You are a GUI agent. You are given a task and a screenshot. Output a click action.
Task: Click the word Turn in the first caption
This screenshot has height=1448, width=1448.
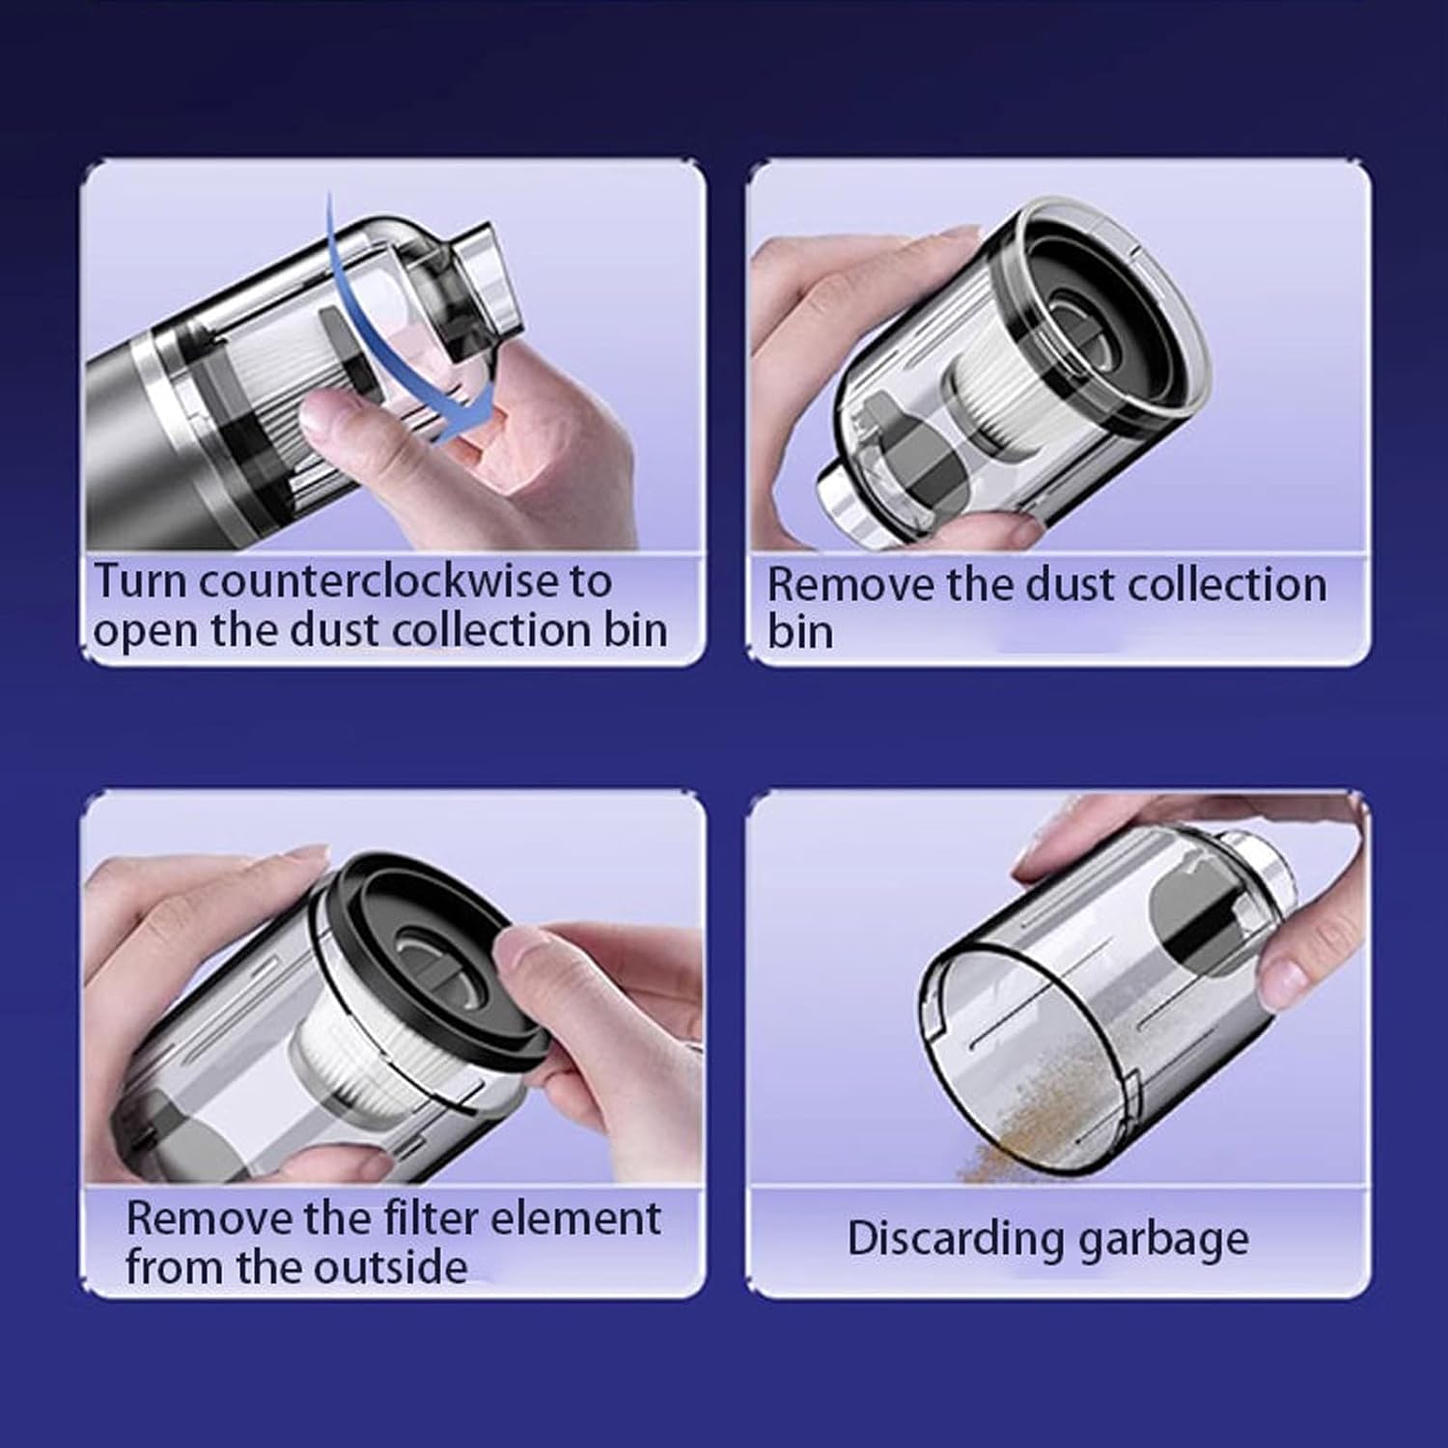(144, 581)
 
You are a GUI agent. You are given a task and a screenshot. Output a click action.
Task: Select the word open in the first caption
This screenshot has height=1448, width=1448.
(146, 633)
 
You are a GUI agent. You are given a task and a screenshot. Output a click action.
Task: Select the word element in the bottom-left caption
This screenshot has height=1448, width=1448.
(576, 1218)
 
